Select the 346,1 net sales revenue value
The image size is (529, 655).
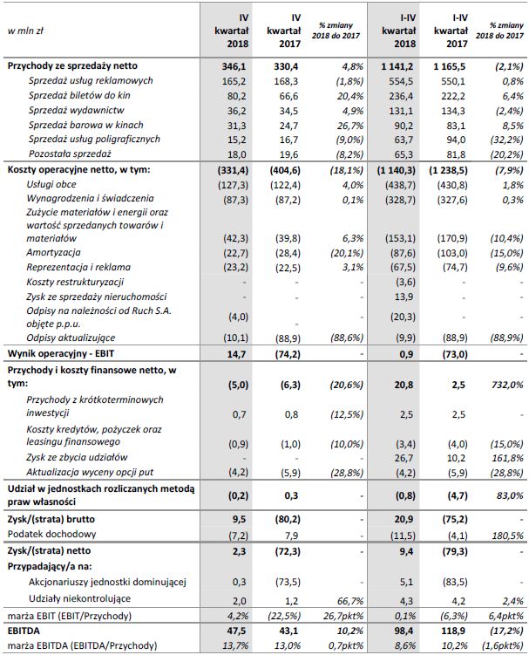click(x=233, y=65)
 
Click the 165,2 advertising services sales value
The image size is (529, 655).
click(x=234, y=80)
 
